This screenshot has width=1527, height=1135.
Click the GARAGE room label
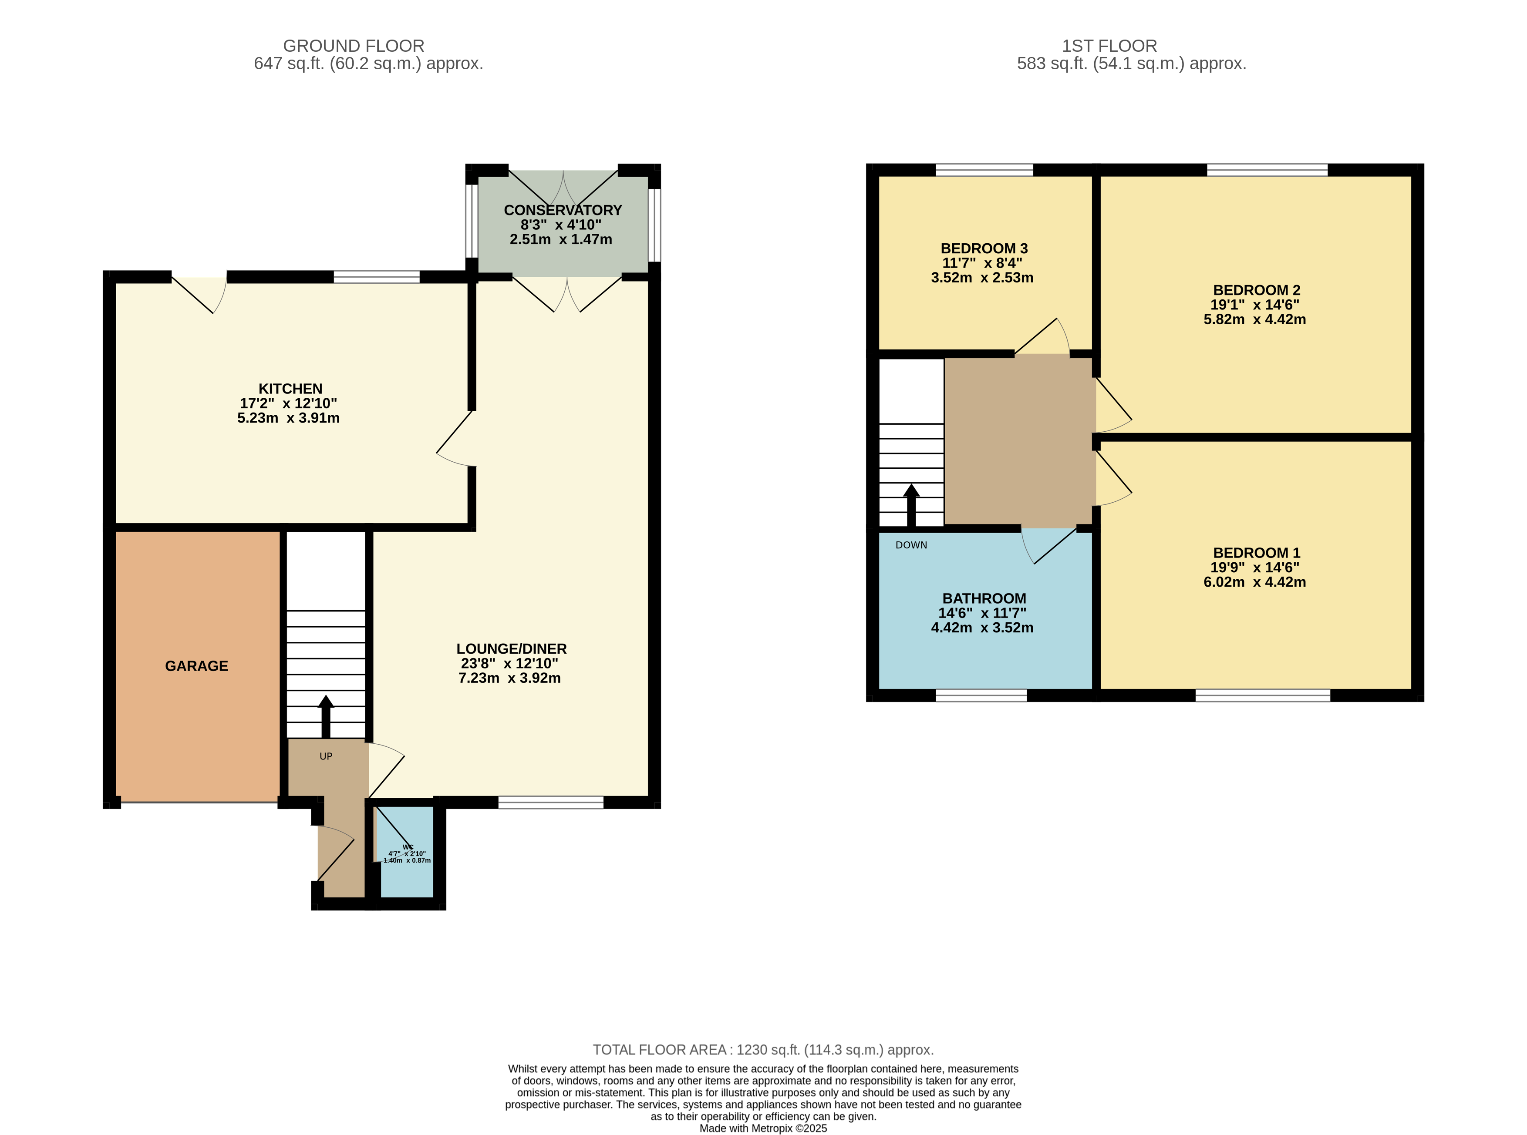click(x=196, y=666)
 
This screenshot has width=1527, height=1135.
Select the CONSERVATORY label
click(x=563, y=210)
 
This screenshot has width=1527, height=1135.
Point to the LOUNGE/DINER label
click(x=511, y=648)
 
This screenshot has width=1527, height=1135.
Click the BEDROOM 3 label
click(x=984, y=248)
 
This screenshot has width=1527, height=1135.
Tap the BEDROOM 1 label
click(x=1257, y=553)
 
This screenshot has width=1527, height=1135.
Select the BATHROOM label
click(x=984, y=598)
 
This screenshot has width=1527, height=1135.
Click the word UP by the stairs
click(x=326, y=756)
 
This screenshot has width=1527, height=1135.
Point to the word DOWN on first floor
click(x=911, y=545)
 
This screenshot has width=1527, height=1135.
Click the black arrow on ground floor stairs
click(x=326, y=717)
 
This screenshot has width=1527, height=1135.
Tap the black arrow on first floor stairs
click(x=911, y=506)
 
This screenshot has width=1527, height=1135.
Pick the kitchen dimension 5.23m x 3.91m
click(x=289, y=418)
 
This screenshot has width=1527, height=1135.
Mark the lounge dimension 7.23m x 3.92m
click(x=509, y=678)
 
